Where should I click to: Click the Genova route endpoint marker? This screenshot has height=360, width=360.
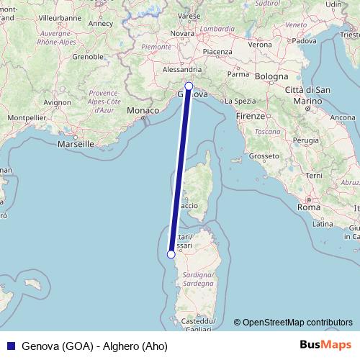[x=189, y=86]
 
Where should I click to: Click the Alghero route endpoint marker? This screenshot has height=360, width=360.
[x=171, y=253]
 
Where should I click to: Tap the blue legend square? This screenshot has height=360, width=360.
[x=10, y=345]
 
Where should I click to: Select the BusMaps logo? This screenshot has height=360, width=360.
[x=325, y=345]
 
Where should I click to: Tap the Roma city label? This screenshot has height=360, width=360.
[x=308, y=207]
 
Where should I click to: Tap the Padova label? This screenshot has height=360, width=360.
[x=304, y=40]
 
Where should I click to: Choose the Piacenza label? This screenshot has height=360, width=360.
[x=217, y=52]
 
